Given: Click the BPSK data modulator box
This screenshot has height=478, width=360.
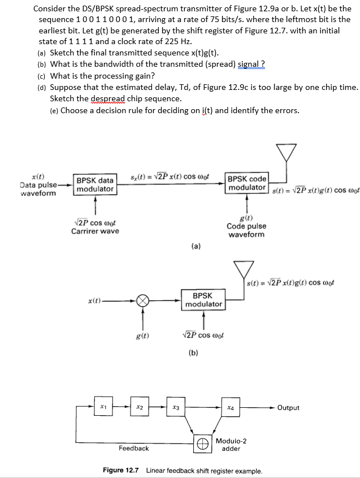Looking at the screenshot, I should click(x=95, y=184).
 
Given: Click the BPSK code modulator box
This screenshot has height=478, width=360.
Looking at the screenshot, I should click(x=246, y=183).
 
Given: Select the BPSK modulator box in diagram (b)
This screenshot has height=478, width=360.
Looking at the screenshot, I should click(x=203, y=300).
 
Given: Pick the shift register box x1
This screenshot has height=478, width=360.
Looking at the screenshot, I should click(x=102, y=406).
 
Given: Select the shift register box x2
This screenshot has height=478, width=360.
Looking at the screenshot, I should click(x=140, y=407).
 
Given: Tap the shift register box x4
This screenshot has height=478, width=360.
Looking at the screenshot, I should click(x=231, y=407).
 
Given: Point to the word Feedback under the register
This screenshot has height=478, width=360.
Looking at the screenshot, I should click(x=134, y=448).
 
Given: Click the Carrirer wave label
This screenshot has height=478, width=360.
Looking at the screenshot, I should click(x=95, y=231).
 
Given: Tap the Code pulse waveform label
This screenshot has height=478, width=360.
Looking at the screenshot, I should click(x=246, y=230).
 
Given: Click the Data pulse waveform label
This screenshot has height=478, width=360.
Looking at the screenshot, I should click(x=38, y=188).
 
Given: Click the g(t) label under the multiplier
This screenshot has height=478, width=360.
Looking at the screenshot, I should click(x=143, y=336).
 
